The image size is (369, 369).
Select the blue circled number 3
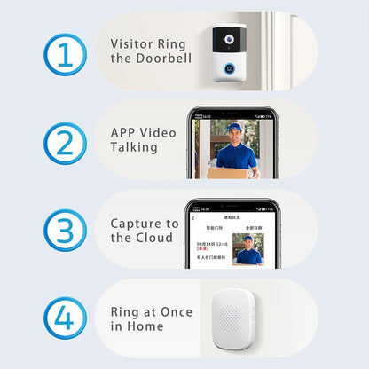pos(65,230)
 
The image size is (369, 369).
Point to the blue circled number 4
pos(65,318)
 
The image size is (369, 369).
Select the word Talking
pos(134,149)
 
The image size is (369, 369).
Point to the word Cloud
pos(157,239)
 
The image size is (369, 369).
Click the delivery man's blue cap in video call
pos(233,126)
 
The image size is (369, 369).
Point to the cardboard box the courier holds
pos(230,173)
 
